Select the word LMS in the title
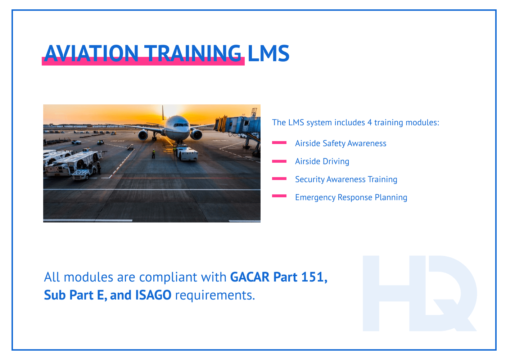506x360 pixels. pos(268,53)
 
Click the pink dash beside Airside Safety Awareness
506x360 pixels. pos(279,143)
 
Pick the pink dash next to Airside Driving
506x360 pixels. pos(279,161)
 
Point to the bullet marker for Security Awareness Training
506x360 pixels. pos(279,179)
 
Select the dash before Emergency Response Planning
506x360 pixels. pos(279,196)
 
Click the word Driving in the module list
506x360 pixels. pos(336,161)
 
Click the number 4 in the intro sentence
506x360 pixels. pos(369,122)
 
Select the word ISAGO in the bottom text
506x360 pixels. pos(153,295)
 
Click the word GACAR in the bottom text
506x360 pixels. pos(250,277)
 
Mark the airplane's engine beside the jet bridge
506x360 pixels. pos(196,135)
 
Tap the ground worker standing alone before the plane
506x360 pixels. pos(153,154)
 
